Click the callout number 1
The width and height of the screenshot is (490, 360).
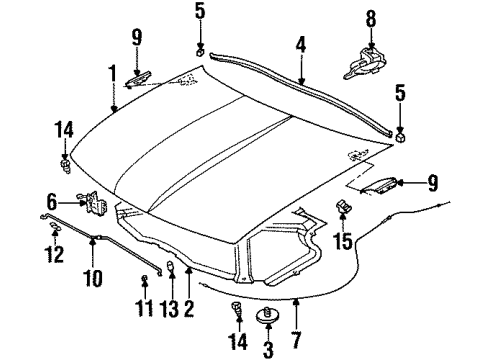[x=113, y=73]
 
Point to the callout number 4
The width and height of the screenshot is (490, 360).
[x=299, y=44]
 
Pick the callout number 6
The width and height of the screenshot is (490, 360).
[x=53, y=200]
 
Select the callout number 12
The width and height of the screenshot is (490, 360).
[x=53, y=253]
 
